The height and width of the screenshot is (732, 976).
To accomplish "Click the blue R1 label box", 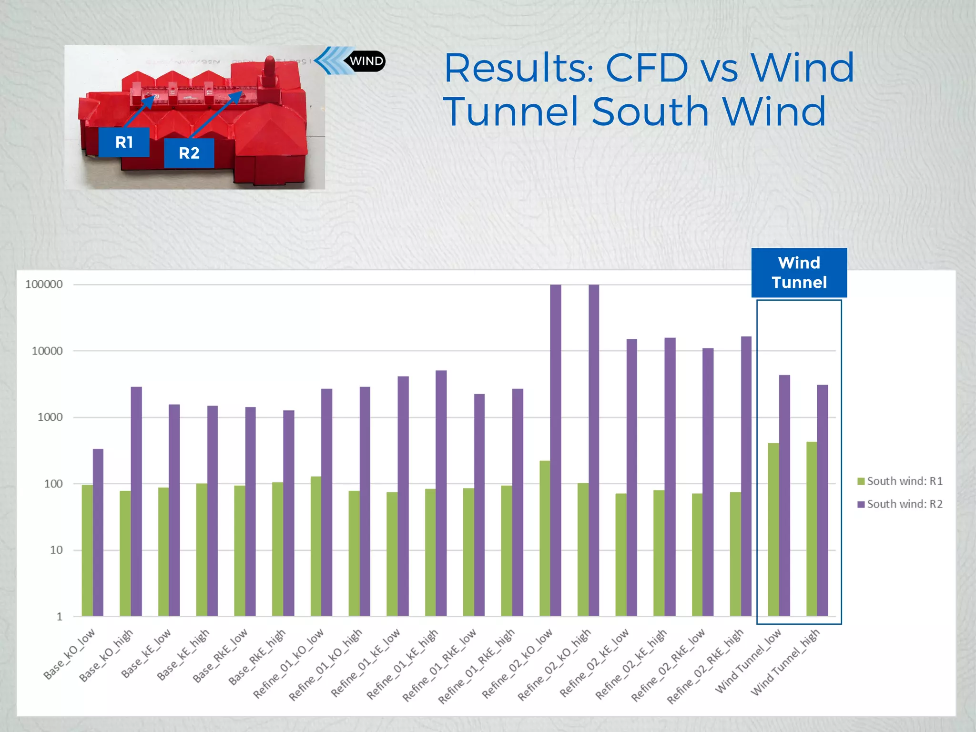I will [x=124, y=142].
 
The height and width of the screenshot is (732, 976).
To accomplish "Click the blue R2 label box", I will [x=189, y=153].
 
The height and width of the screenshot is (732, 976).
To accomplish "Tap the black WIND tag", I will [x=366, y=61].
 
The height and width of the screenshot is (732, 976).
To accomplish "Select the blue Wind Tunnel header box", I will [x=799, y=273].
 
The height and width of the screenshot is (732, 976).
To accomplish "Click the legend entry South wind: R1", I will [x=899, y=481].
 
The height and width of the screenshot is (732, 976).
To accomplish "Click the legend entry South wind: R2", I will [x=899, y=504].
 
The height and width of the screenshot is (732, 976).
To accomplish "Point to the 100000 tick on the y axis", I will [x=44, y=285].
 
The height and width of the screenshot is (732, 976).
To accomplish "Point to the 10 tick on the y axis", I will [x=56, y=550].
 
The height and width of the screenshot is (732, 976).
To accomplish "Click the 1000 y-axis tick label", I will [x=50, y=417].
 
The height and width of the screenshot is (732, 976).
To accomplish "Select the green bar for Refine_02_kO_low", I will [x=544, y=539].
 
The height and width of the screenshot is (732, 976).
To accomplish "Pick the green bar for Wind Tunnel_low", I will [x=773, y=529].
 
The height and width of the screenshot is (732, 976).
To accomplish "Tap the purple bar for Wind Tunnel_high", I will [x=822, y=500].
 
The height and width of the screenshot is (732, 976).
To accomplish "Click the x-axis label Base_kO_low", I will [x=70, y=654].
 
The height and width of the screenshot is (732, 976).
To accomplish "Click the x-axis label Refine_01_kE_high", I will [x=403, y=664].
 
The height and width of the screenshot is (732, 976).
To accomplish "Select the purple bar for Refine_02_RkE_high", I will [x=746, y=477].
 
